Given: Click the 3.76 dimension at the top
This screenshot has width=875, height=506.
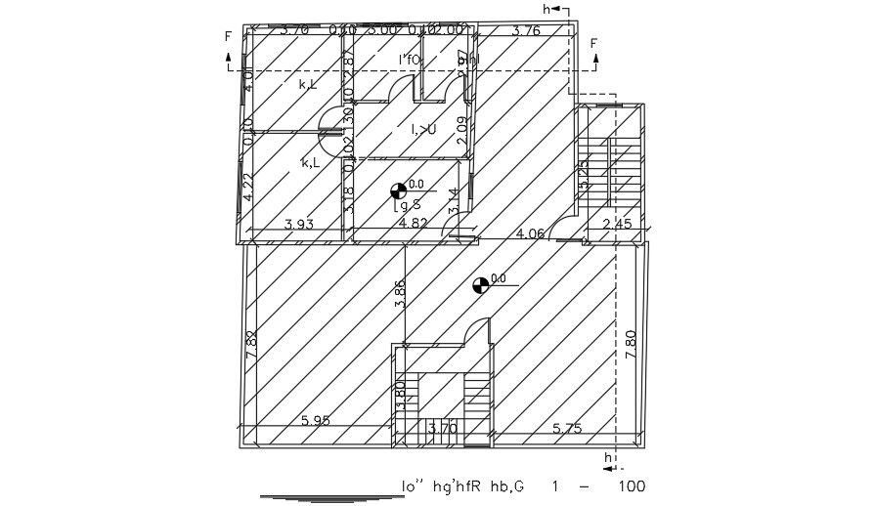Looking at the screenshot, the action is coord(526,30).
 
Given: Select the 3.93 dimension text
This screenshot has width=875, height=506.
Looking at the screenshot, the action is coord(298,225).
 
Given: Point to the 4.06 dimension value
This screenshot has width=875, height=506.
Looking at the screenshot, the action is coord(530,232).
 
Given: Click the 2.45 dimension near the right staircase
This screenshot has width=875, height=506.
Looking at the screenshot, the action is coord(618,225).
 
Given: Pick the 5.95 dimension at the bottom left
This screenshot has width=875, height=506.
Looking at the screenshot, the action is coord(317,420).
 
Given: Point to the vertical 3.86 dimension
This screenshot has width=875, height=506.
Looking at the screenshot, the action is coord(399,294).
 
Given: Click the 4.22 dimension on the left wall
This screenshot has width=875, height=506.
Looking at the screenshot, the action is coord(248,187).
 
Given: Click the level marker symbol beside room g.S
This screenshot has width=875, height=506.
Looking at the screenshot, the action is coord(398,190).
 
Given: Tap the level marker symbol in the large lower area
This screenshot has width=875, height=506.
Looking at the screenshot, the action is coord(479,285).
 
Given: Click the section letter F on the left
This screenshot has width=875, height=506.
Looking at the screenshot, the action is coord(228,37).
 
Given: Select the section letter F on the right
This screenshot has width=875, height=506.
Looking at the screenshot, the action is coord(593,44).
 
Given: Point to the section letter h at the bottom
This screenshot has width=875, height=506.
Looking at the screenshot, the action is coord(608,457).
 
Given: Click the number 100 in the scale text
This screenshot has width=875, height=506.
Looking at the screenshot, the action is coord(632,485).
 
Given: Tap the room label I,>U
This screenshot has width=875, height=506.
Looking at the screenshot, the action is coord(423,129).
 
